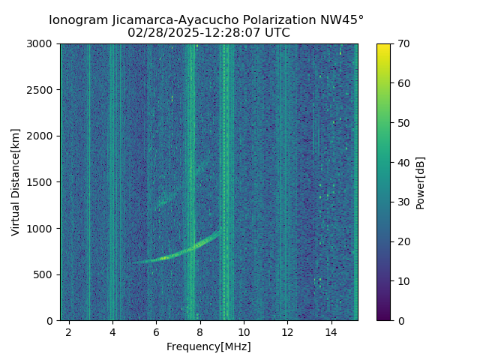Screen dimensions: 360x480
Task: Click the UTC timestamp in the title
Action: point(208,33)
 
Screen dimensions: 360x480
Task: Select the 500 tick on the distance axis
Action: point(46,274)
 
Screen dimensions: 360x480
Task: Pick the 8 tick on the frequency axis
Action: point(200,331)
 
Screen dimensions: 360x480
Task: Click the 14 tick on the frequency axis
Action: point(331,331)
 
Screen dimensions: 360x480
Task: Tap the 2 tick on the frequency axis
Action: point(69,331)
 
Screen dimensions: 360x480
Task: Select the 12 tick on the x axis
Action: point(288,331)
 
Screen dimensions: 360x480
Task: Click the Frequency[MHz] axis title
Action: point(208,346)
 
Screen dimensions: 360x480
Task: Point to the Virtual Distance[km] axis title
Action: point(16,182)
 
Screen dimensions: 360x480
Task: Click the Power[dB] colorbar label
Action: point(421,182)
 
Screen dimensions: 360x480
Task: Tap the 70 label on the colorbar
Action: point(403,43)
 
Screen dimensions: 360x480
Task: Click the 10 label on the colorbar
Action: point(403,281)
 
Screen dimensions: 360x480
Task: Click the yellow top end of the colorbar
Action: point(383,46)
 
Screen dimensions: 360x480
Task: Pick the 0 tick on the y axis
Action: point(52,320)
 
